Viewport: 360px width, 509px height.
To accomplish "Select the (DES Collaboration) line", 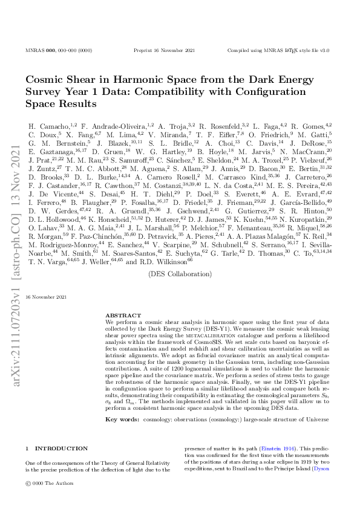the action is click(179, 273).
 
